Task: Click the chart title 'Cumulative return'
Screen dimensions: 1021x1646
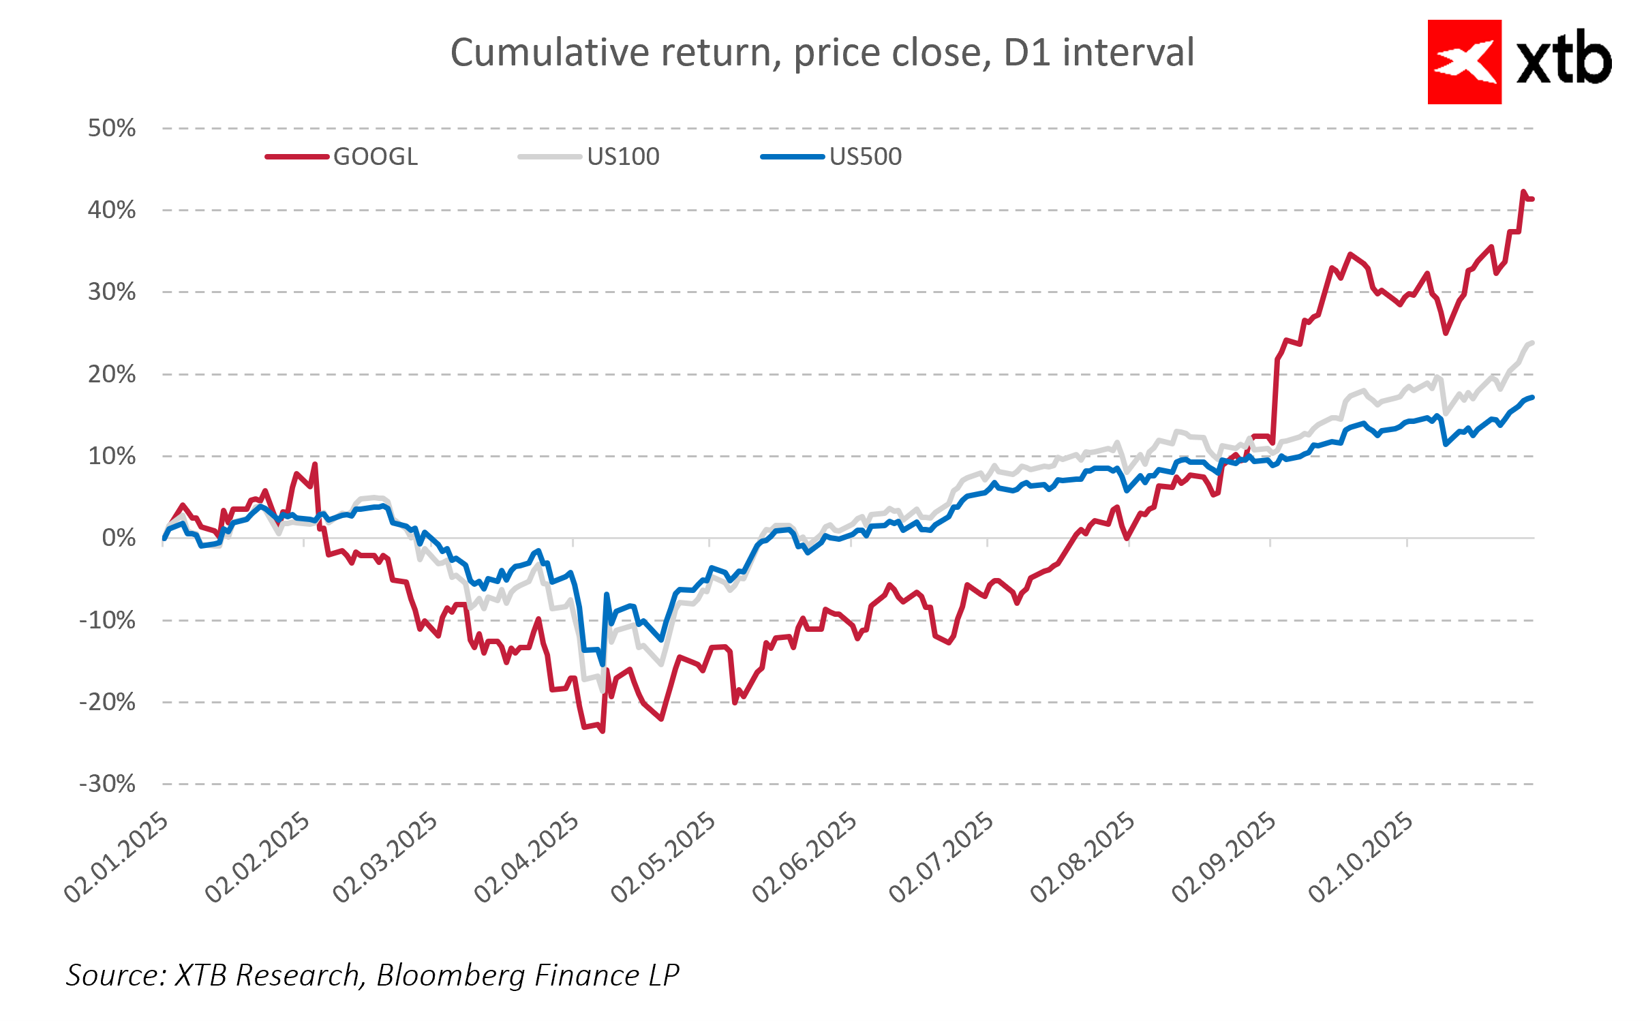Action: point(822,52)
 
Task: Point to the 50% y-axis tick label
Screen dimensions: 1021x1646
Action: point(112,128)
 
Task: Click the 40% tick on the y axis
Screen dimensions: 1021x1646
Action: point(112,210)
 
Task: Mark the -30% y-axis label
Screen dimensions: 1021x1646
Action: point(108,784)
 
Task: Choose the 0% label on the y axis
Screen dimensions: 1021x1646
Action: point(119,538)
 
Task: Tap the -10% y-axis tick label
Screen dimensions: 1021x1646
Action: point(108,620)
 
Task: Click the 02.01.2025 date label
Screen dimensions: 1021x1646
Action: point(117,857)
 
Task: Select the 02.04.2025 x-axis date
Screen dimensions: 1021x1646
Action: point(527,857)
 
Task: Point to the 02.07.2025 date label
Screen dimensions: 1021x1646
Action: point(942,857)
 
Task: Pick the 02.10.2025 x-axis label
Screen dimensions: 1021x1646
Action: point(1361,857)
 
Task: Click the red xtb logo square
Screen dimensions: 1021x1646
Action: point(1464,62)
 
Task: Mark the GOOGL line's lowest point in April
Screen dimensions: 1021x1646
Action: point(603,731)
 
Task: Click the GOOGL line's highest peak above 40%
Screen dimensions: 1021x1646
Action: point(1523,192)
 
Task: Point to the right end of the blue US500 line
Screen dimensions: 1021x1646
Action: point(1532,397)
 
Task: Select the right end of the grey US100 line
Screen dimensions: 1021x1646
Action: point(1532,343)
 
